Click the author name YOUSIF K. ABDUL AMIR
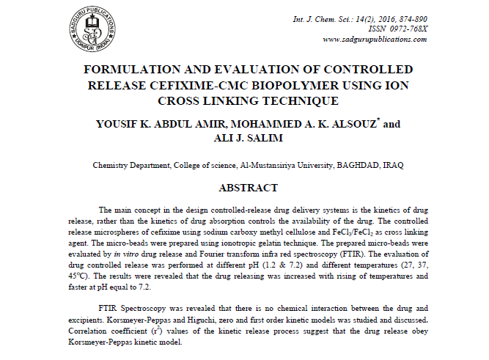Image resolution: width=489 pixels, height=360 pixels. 146,125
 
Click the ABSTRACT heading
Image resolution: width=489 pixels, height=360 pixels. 248,188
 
